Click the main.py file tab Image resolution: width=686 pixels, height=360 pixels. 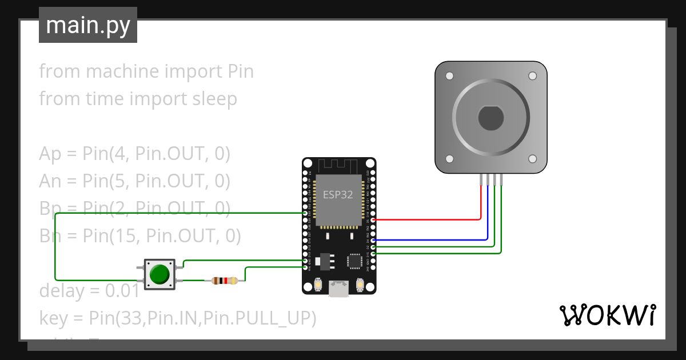coord(87,25)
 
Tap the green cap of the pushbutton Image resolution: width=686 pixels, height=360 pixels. coord(159,275)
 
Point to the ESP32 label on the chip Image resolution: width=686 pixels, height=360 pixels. coord(338,194)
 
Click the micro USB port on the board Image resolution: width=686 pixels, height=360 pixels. coord(339,289)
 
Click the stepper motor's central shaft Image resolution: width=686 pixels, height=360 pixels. coord(490,118)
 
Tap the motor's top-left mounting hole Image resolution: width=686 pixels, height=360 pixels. coord(449,75)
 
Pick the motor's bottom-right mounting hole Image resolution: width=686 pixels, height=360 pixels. coord(532,159)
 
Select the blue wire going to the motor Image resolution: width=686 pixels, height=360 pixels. coord(434,240)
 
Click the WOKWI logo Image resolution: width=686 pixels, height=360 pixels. coord(607,315)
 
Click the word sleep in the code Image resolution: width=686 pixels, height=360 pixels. coord(211,99)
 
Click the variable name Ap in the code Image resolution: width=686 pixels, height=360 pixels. coord(50,154)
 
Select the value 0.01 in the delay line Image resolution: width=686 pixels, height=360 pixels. coord(122,291)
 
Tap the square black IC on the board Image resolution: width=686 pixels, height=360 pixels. coord(354,261)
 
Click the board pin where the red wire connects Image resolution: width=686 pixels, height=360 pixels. coord(373,219)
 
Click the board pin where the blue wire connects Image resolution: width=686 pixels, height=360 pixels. coord(373,240)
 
